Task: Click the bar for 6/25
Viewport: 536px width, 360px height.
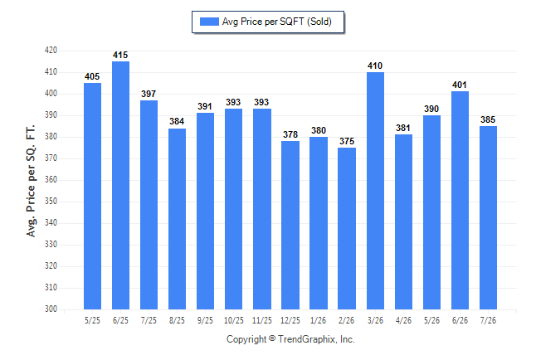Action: (120, 185)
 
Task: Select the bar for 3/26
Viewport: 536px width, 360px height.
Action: (375, 191)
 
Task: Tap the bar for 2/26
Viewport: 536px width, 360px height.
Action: (347, 228)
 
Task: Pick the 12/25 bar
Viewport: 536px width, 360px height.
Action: (290, 226)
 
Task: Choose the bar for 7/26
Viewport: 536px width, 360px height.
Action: (488, 218)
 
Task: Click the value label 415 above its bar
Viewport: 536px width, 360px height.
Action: (120, 55)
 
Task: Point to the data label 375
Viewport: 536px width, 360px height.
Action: (347, 141)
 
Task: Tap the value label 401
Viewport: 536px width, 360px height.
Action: (460, 85)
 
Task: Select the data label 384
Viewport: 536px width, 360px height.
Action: (177, 121)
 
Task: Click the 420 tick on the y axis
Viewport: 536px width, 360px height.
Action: (51, 51)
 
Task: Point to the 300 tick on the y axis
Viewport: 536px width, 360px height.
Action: (51, 309)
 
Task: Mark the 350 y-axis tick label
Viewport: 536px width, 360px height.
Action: (51, 201)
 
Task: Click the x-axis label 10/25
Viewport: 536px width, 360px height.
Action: (234, 320)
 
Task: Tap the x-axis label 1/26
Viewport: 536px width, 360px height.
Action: (319, 320)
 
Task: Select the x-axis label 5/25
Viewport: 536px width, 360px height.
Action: (92, 320)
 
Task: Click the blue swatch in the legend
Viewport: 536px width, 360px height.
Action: (209, 22)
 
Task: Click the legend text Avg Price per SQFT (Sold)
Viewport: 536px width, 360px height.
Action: (277, 22)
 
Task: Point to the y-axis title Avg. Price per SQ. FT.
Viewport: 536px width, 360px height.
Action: (31, 181)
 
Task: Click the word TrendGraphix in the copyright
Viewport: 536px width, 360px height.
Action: (307, 339)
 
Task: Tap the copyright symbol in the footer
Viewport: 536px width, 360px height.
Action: (272, 338)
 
